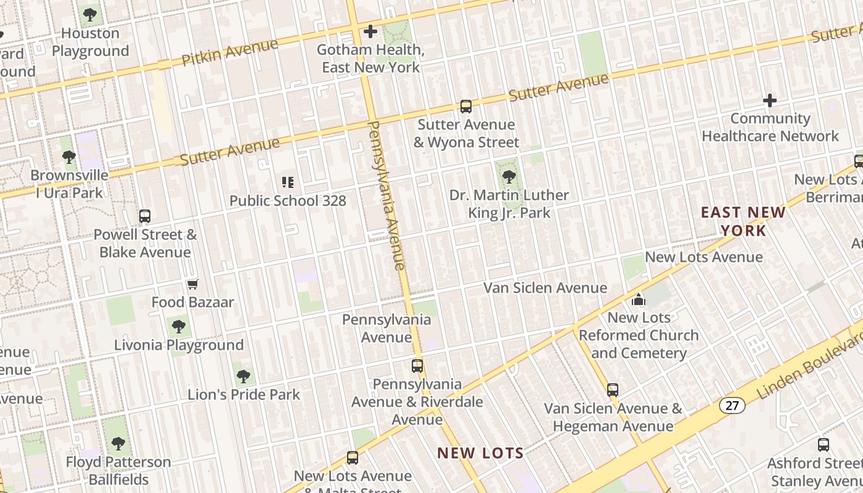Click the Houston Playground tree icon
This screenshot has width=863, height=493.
click(x=90, y=14)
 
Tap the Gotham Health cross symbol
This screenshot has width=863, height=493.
click(x=370, y=31)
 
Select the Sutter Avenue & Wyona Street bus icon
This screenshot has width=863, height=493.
click(x=466, y=107)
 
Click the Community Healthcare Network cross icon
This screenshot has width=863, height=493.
click(x=770, y=100)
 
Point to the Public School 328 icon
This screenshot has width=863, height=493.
click(x=288, y=182)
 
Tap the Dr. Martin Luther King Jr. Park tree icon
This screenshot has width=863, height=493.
click(x=509, y=177)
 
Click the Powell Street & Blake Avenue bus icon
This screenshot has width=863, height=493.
click(x=145, y=216)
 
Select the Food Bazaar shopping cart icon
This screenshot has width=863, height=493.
click(x=193, y=284)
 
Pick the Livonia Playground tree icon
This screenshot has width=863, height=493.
click(x=179, y=326)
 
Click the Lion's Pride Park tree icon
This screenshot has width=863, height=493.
click(x=243, y=375)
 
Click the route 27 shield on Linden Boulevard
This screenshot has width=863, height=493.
click(x=732, y=405)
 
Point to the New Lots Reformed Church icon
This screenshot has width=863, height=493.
click(x=639, y=299)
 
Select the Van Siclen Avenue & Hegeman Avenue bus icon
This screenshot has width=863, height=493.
click(x=613, y=389)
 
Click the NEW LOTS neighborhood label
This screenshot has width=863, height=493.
click(x=480, y=454)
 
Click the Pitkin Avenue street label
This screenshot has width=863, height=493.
click(x=230, y=52)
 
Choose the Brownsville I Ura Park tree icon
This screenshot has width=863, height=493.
click(x=69, y=157)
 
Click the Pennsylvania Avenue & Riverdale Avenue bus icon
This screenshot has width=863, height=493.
click(x=417, y=365)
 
